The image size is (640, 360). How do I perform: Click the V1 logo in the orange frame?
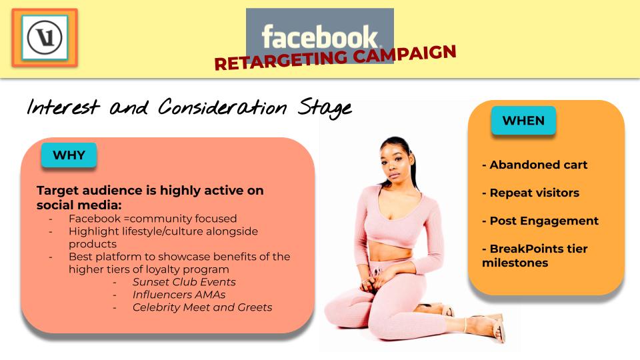(45, 37)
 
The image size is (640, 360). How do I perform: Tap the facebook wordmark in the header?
(321, 37)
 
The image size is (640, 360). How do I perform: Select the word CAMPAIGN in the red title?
(405, 53)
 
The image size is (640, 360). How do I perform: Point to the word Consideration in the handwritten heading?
(223, 107)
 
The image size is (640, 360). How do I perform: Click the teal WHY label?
(69, 155)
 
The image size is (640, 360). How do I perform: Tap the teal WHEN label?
(523, 121)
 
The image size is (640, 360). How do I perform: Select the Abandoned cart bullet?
(535, 165)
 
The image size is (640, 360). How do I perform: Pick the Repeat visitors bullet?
(531, 193)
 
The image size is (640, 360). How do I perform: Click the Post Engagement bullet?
(541, 221)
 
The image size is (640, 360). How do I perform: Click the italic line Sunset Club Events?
(184, 282)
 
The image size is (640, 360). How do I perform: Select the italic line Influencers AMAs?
(179, 295)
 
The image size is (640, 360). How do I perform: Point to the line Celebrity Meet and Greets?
(203, 307)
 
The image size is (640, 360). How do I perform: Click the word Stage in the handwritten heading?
(325, 108)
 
